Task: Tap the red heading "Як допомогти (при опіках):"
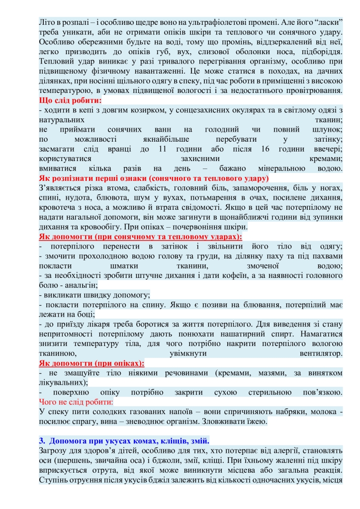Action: [91, 363]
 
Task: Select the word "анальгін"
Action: [79, 285]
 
